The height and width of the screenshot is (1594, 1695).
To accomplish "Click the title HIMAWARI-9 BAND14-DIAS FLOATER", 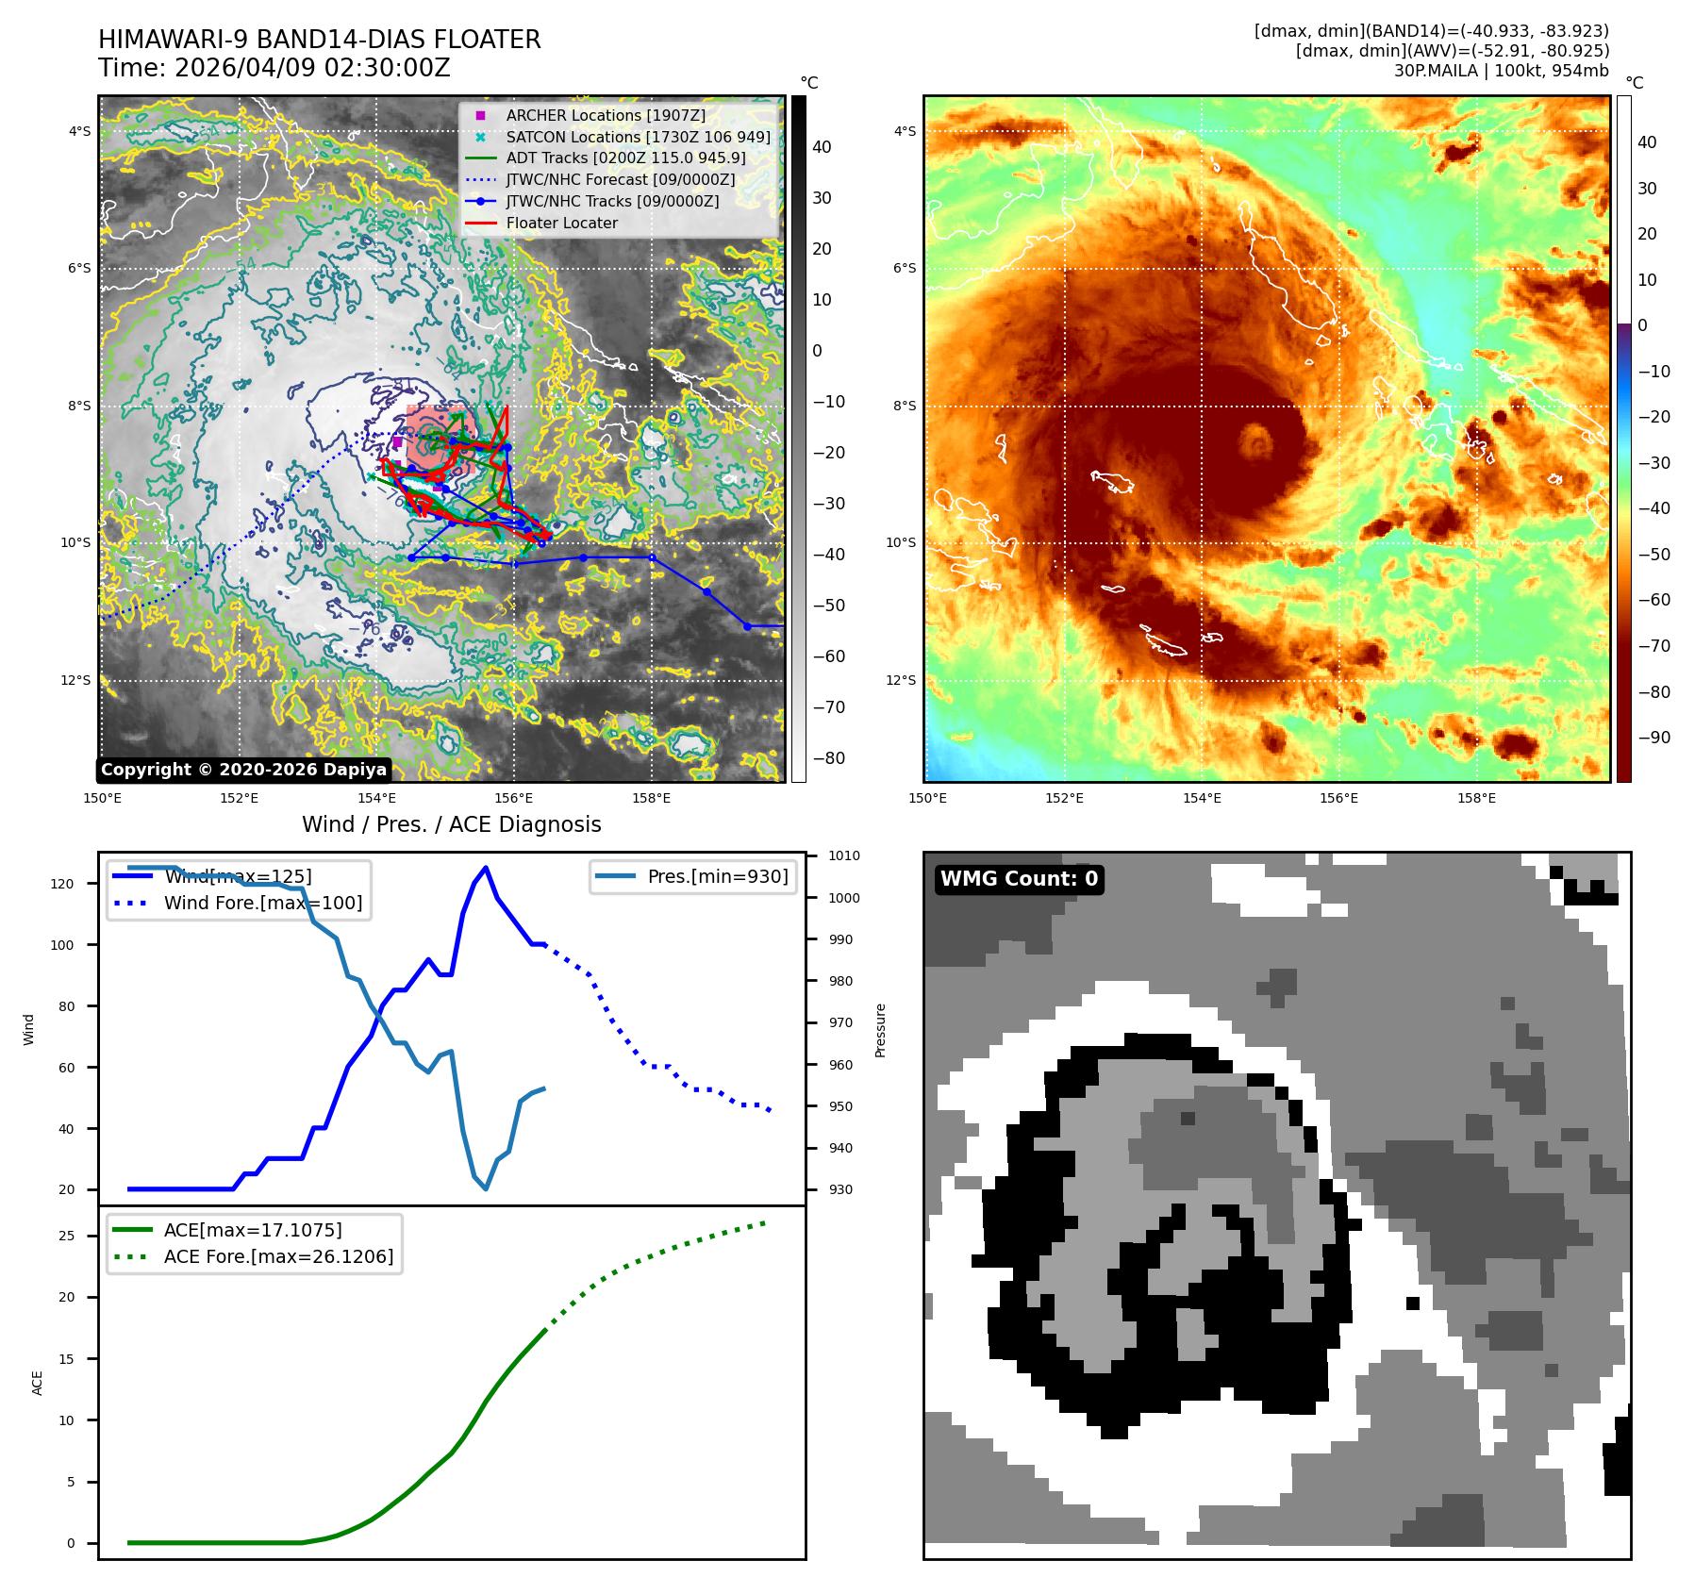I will pos(319,40).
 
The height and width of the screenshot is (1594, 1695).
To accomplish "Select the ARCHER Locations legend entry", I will pos(605,115).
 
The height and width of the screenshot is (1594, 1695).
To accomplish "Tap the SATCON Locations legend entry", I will pos(638,137).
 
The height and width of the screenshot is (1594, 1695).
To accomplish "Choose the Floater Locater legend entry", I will pos(561,223).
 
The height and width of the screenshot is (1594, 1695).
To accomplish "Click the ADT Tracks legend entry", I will pos(625,158).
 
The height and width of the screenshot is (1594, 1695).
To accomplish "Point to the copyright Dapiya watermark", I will pos(243,770).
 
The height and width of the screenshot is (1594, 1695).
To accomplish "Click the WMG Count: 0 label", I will pos(1019,879).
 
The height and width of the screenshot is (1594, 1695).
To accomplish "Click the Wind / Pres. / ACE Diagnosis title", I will pos(451,824).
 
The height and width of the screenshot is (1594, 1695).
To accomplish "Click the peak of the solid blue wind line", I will pos(486,868).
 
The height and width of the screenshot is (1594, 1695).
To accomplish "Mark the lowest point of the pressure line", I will pos(486,1188).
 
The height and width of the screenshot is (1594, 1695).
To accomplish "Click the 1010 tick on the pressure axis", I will pos(844,856).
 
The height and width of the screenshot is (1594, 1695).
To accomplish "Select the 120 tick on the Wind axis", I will pos(62,884).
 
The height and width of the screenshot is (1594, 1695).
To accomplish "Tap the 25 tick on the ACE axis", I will pos(67,1236).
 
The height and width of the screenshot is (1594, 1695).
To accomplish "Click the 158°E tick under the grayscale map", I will pos(651,798).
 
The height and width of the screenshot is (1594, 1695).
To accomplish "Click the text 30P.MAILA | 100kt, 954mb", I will pos(1501,71).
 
